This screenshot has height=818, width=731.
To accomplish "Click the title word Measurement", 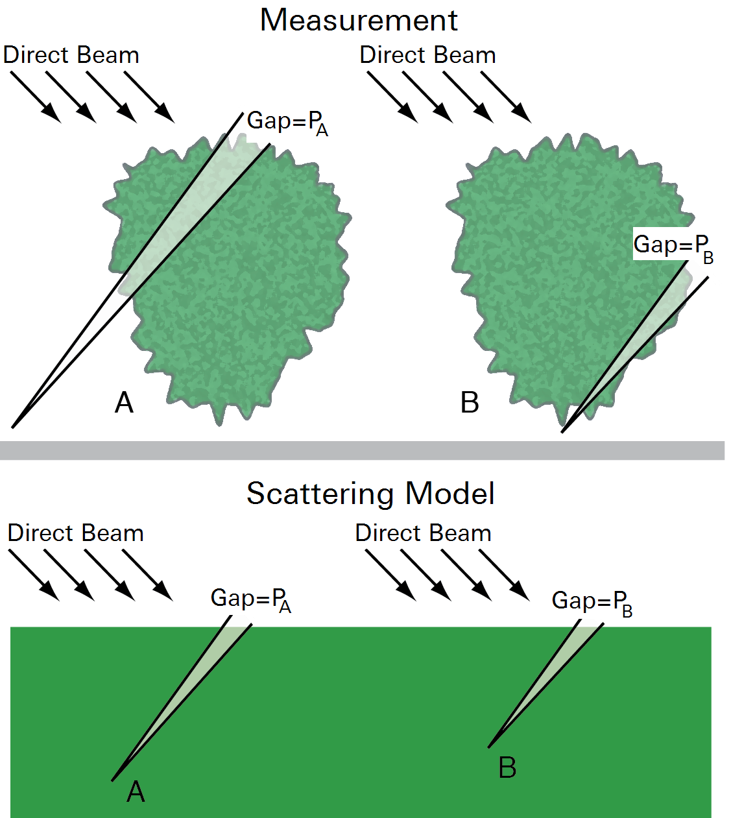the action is [359, 19].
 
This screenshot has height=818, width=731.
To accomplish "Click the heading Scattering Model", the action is [370, 494].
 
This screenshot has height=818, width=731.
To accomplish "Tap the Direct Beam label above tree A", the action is [71, 55].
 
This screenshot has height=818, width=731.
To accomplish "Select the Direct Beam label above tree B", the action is [428, 55].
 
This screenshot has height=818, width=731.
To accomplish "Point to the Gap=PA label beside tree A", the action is [287, 123].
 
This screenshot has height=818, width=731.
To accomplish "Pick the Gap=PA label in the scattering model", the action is [251, 601].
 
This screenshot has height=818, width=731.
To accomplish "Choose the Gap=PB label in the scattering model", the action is [592, 603].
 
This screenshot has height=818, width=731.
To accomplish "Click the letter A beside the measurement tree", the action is [124, 403].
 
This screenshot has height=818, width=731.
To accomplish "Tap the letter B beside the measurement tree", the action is [470, 403].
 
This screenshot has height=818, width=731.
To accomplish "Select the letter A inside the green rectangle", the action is [136, 792].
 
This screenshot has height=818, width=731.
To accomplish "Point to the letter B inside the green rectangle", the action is [507, 767].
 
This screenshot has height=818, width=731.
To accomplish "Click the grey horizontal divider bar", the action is [362, 450].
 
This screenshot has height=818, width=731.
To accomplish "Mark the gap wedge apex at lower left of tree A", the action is [12, 427].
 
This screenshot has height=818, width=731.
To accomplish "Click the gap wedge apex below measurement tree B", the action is [562, 433].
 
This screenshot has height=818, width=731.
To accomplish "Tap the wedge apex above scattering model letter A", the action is [112, 780].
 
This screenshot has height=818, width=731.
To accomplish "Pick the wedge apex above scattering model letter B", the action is [488, 747].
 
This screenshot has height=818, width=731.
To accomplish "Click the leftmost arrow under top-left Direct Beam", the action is [36, 97].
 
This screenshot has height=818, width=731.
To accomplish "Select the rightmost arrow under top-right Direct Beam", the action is [506, 97].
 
